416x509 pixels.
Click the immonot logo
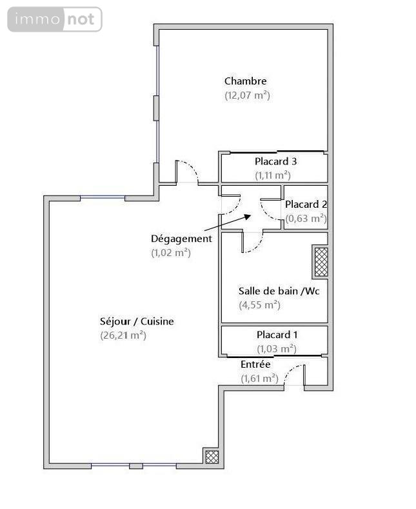pos(55,19)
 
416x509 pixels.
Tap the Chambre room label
pos(245,81)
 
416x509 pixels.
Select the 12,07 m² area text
pos(246,95)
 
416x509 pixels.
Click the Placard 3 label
pos(275,161)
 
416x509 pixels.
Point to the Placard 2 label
pos(306,205)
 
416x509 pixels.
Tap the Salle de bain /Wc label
pos(279,291)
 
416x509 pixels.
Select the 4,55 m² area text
pos(259,305)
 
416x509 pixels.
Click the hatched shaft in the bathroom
pos(321,262)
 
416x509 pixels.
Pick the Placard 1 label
pos(277,335)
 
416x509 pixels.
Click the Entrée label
pos(256,364)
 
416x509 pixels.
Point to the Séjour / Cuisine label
pos(137,321)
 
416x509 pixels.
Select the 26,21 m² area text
pos(123,335)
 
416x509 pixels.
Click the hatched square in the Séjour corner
pos(212,456)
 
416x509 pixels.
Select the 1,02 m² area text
pos(171,253)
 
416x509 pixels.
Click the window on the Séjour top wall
pos(103,197)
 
